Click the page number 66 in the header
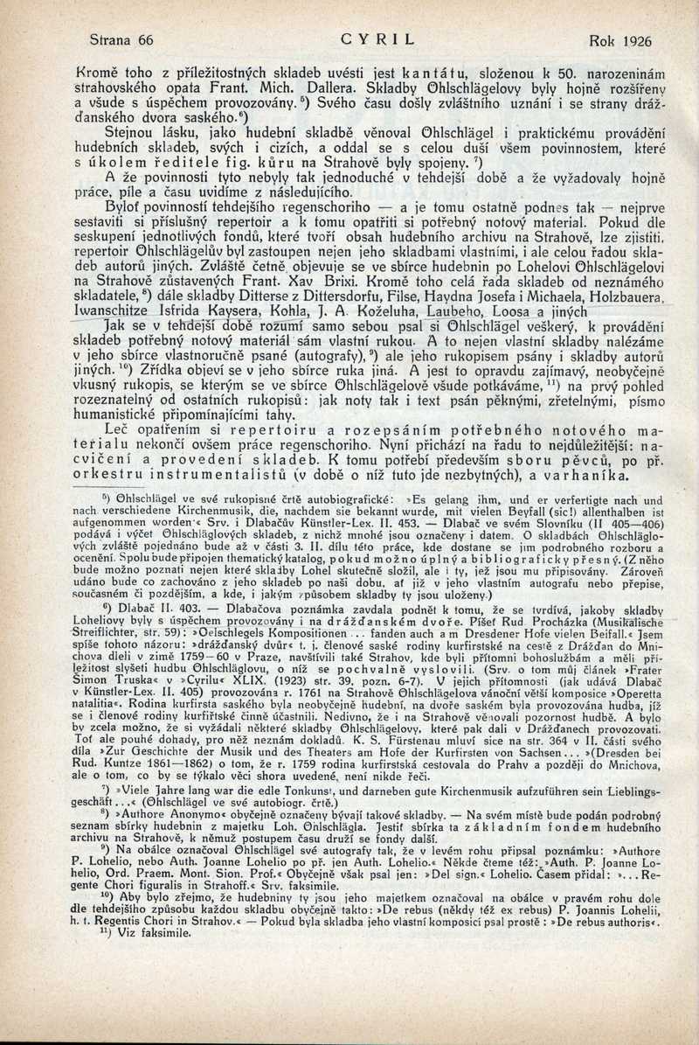(145, 40)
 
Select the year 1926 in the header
(627, 40)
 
